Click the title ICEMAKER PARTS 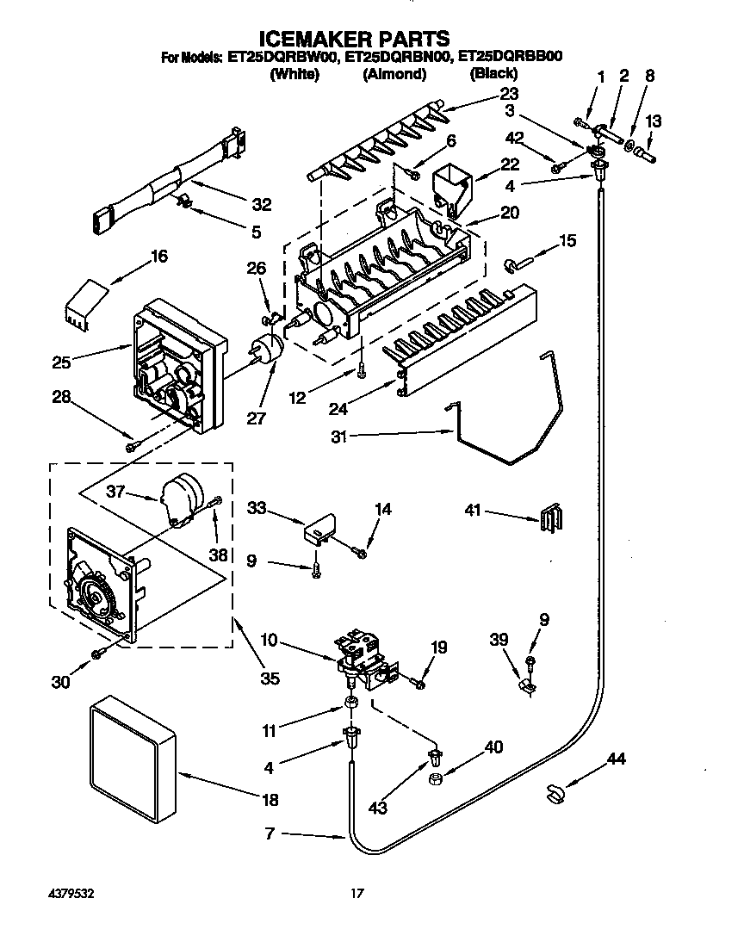(354, 39)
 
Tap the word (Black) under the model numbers (493, 74)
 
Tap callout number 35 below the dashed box (270, 678)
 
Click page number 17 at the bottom (356, 894)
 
